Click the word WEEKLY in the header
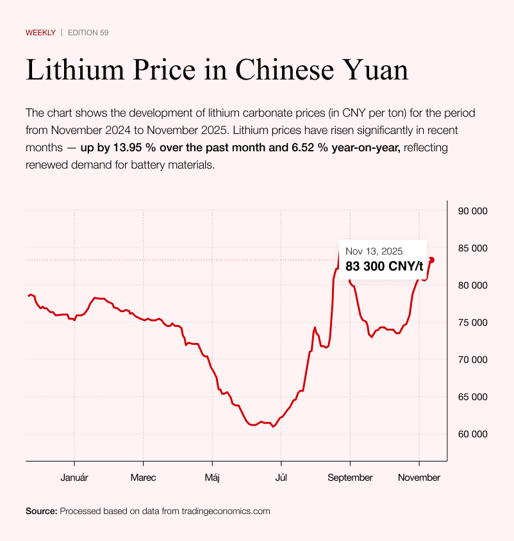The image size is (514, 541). [40, 32]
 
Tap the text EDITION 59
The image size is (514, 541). [88, 32]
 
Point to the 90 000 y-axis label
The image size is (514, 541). [471, 211]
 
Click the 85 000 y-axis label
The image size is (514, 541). [471, 248]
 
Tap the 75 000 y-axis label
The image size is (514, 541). [471, 322]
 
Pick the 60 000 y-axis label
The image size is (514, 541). [471, 434]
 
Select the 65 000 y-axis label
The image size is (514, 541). [471, 397]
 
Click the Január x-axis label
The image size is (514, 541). [74, 478]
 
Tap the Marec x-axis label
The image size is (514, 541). [143, 478]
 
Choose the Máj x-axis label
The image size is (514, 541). [212, 478]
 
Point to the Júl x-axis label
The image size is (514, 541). [281, 478]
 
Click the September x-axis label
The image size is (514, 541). [350, 478]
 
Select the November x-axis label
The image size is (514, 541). [419, 478]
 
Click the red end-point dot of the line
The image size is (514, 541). [432, 260]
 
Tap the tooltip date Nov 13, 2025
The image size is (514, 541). [374, 251]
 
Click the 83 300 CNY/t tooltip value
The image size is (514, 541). [384, 266]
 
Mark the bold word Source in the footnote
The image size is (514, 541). [41, 511]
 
